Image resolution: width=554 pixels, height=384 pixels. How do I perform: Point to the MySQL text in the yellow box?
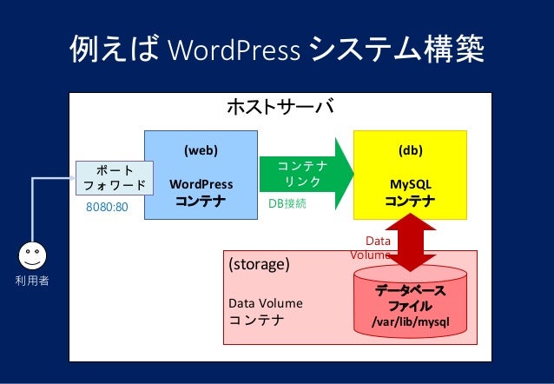pos(411,184)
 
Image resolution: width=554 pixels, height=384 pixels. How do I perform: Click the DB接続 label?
pos(287,203)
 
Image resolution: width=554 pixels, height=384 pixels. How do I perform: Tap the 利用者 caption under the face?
pos(33,281)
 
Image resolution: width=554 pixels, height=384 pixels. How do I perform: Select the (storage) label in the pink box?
pos(258,263)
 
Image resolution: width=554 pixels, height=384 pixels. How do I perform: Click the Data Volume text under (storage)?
pos(265,303)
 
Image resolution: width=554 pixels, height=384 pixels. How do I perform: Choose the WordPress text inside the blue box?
pos(201,184)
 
